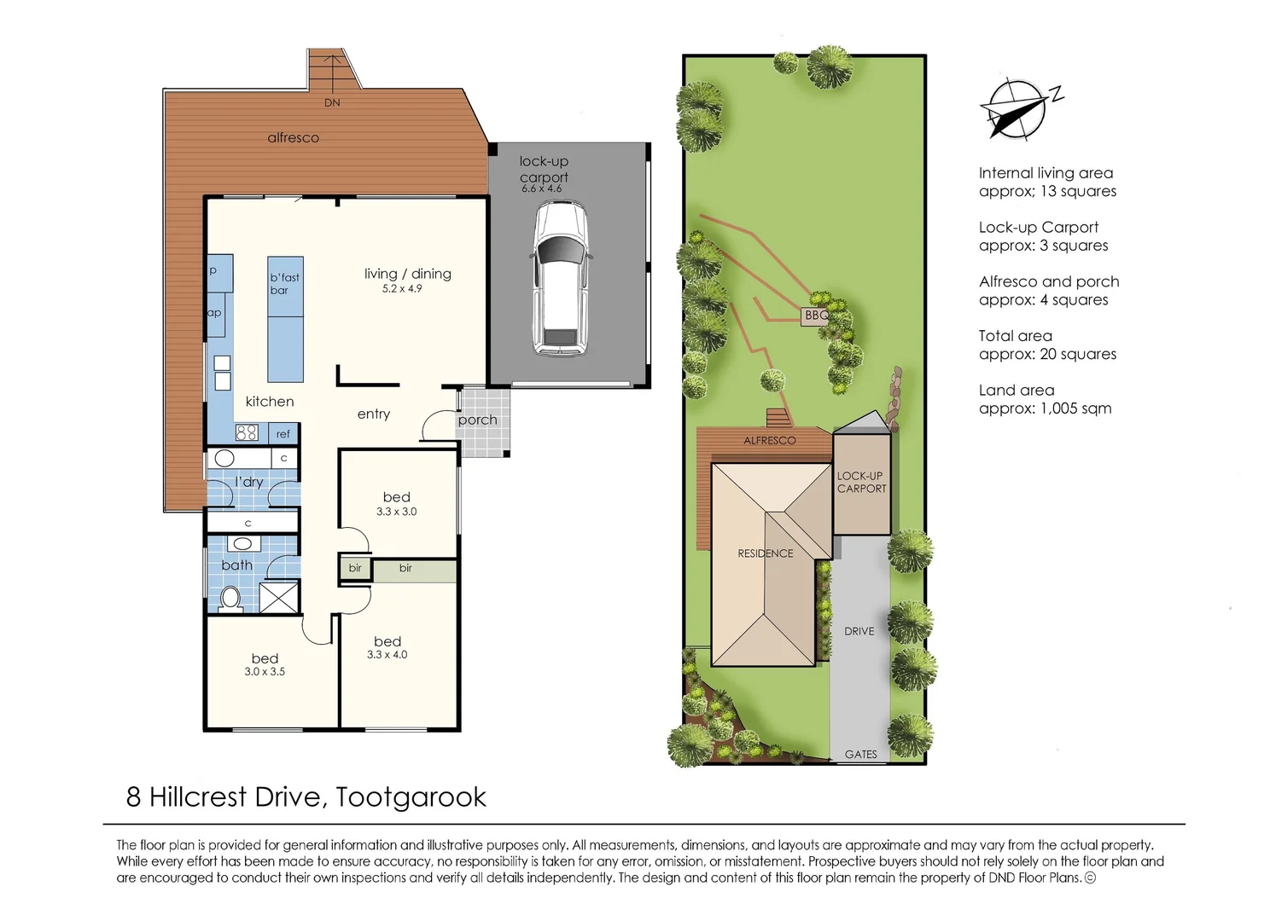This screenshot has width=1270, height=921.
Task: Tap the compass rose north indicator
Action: [1016, 108]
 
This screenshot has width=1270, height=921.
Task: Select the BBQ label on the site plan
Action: [816, 316]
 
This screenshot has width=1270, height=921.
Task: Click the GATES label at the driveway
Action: [860, 754]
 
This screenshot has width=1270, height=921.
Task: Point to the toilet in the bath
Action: [230, 597]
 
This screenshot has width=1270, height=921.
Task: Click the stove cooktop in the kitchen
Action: [247, 432]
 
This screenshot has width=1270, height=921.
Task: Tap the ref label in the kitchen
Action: [283, 434]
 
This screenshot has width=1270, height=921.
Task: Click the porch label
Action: [477, 420]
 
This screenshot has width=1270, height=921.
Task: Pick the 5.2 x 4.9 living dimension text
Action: [402, 289]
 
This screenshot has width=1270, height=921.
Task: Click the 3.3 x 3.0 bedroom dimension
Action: [396, 512]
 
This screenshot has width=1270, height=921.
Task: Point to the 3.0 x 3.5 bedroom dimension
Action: [265, 672]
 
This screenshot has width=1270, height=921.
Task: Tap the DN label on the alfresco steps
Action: [332, 102]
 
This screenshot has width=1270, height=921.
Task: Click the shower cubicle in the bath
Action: [279, 597]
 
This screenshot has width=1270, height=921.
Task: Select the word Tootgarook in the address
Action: [411, 796]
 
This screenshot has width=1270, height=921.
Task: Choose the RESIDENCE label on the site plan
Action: [765, 553]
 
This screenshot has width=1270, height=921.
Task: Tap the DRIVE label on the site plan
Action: [859, 631]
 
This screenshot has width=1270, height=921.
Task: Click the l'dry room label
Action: [249, 482]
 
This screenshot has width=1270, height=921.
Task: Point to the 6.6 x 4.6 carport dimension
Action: [542, 188]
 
